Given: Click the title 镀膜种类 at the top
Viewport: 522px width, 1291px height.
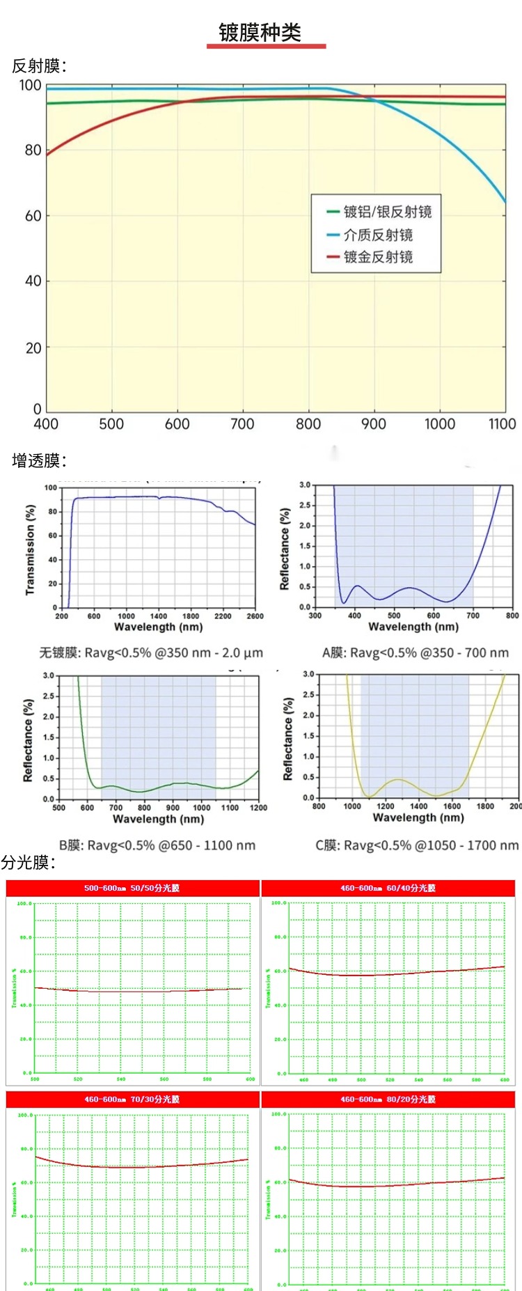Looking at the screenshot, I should pos(260,32).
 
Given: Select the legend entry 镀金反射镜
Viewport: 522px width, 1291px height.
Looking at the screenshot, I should pos(378,257).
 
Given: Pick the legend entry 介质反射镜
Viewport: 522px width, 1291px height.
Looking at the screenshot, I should pos(378,235).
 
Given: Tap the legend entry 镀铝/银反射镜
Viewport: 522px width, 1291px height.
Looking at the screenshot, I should pos(387,212).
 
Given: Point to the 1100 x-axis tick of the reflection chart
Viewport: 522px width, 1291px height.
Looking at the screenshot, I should pos(502,423).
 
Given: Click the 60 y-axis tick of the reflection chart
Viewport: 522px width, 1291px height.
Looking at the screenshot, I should pos(33,216).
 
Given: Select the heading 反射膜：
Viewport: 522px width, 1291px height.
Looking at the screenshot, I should pos(39,66).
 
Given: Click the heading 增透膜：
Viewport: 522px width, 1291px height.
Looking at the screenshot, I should pos(39,460).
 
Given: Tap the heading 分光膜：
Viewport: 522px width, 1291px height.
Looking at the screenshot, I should pos(28,863).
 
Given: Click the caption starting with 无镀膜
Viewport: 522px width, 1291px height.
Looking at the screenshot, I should pos(151,653).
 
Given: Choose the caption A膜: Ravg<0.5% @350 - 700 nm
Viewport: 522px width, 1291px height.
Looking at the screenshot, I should pos(415,653).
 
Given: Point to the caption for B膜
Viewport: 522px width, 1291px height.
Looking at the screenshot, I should pos(157,845).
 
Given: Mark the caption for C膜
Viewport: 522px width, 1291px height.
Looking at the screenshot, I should pos(417,845).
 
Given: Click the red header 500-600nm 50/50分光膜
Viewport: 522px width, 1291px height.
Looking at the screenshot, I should pos(132,888).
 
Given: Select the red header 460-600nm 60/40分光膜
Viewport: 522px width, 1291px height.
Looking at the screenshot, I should pos(388,888).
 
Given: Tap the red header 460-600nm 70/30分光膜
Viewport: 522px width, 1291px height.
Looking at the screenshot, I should pos(132,1099).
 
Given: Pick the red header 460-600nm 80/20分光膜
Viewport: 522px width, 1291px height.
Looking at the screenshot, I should pos(388,1099).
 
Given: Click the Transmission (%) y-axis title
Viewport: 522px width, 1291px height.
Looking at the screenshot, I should pos(30,550).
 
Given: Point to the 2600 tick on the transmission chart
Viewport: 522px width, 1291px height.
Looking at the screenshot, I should pos(255,616).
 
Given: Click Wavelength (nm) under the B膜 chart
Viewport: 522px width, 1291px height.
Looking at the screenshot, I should pos(158,819).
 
